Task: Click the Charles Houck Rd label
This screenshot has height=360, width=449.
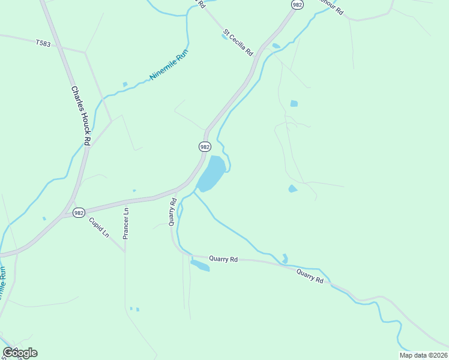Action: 80,116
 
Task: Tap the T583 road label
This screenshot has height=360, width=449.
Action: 43,43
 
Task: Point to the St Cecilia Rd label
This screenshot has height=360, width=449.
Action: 238,42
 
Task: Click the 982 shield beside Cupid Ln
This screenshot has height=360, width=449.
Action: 79,212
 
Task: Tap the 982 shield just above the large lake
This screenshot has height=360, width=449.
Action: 205,146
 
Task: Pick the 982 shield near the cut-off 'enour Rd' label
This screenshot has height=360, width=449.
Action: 296,4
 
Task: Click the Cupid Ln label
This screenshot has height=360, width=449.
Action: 99,227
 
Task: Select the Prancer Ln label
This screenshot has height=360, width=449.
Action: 126,223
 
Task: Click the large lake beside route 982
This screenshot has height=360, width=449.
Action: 211,173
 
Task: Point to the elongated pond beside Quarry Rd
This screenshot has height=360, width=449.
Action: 200,265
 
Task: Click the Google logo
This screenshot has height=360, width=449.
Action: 20,353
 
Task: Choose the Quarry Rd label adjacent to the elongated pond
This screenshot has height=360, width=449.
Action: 223,259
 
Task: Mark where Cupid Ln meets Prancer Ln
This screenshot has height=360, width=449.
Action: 125,252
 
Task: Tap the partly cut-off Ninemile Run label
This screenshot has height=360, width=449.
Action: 4,285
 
